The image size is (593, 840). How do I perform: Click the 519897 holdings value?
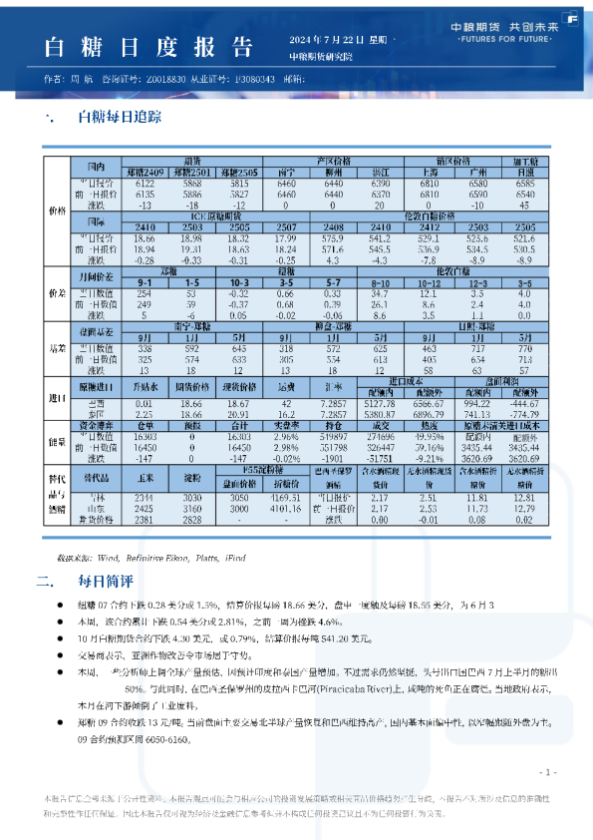click(334, 437)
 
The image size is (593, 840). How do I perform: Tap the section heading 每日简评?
click(104, 581)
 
